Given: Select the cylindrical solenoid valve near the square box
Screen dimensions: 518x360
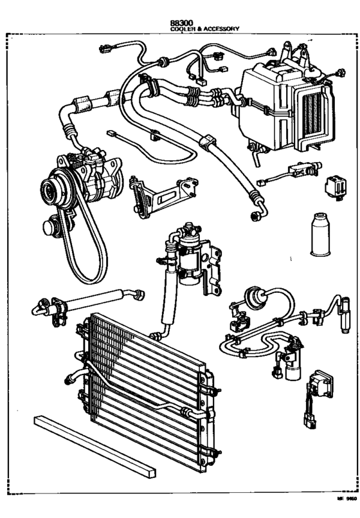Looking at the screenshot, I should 295,360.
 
